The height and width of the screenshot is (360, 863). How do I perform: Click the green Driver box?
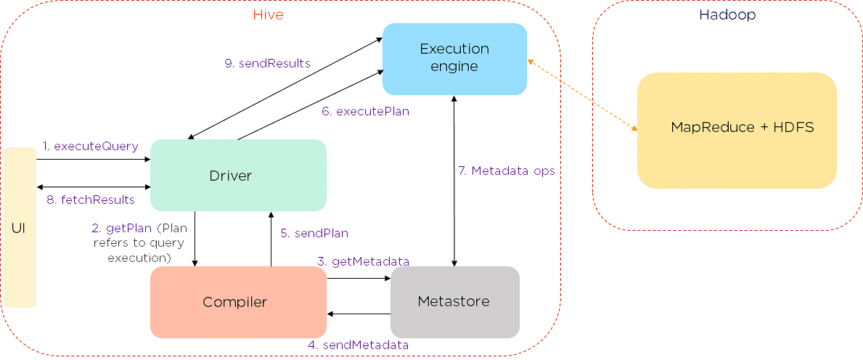click(238, 175)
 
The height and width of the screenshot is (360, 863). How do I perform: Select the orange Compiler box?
click(238, 302)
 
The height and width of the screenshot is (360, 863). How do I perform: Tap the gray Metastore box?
click(455, 302)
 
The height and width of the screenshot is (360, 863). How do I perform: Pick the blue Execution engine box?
click(454, 58)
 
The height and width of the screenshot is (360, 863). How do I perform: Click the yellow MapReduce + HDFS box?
click(737, 131)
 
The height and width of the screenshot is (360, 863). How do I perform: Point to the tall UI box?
click(19, 227)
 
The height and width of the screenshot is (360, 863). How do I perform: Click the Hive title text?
click(268, 15)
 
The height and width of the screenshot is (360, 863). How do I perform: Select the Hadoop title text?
click(727, 15)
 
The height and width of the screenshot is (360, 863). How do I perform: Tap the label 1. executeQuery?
click(90, 146)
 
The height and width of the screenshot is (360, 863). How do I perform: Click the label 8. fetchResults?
click(91, 200)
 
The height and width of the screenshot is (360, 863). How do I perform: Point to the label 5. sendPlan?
click(314, 233)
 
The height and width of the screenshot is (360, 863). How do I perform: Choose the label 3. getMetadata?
click(363, 261)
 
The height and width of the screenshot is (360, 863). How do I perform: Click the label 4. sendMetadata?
click(358, 345)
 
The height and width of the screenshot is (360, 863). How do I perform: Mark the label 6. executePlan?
click(366, 111)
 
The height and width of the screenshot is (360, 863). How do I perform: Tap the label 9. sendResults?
click(268, 63)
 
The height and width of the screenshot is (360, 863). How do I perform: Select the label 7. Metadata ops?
click(507, 171)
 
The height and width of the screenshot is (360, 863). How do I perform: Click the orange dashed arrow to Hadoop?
click(582, 94)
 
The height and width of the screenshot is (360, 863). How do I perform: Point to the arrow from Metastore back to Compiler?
click(359, 314)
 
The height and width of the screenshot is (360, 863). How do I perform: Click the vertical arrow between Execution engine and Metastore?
click(454, 181)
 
